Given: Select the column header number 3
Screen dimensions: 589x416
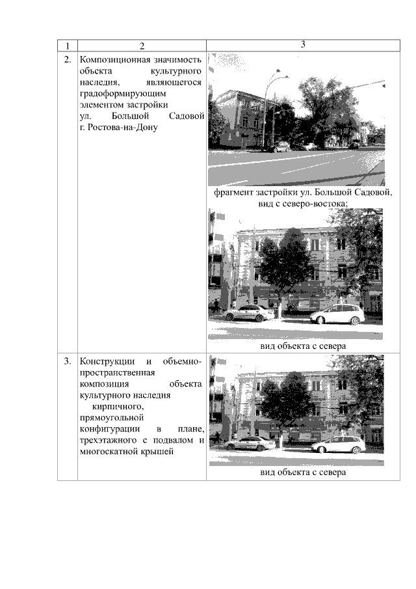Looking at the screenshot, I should point(303,44).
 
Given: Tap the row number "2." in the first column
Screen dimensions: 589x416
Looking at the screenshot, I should point(68,60).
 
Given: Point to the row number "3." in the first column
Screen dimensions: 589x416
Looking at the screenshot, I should point(68,361).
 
